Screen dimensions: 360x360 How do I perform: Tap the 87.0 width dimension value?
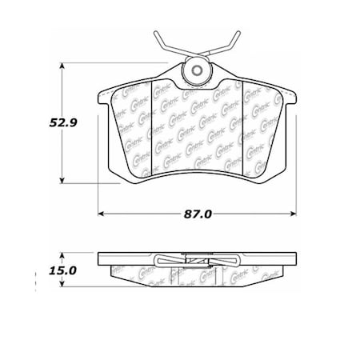pyautogui.click(x=198, y=214)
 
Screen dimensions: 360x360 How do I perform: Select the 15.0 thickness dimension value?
pyautogui.click(x=60, y=270)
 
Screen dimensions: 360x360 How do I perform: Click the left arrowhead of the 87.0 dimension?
pyautogui.click(x=102, y=214)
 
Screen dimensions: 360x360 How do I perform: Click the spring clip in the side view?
pyautogui.click(x=197, y=260)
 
